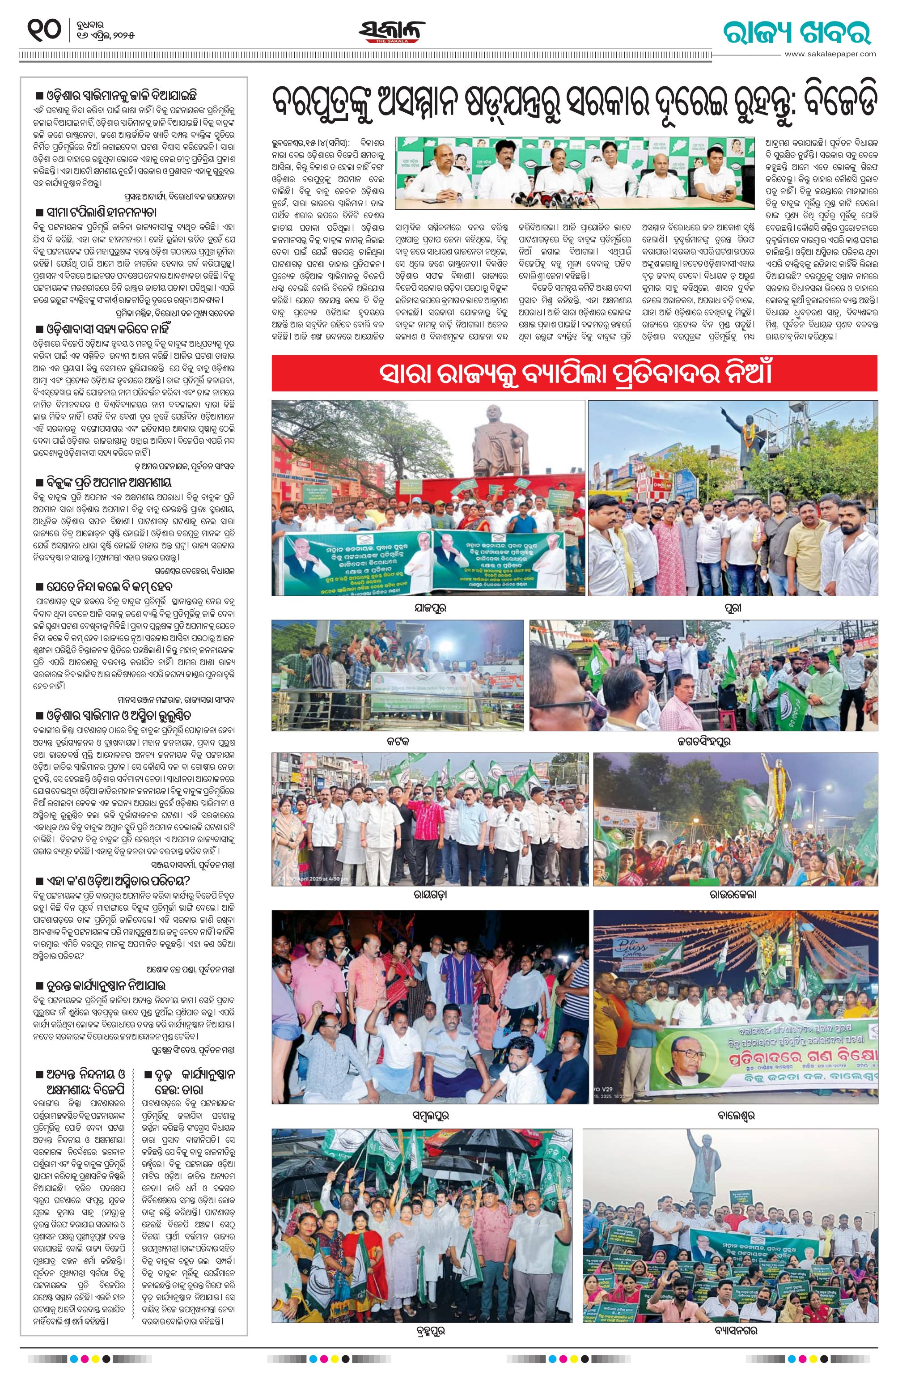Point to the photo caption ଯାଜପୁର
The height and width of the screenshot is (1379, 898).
(x=429, y=608)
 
